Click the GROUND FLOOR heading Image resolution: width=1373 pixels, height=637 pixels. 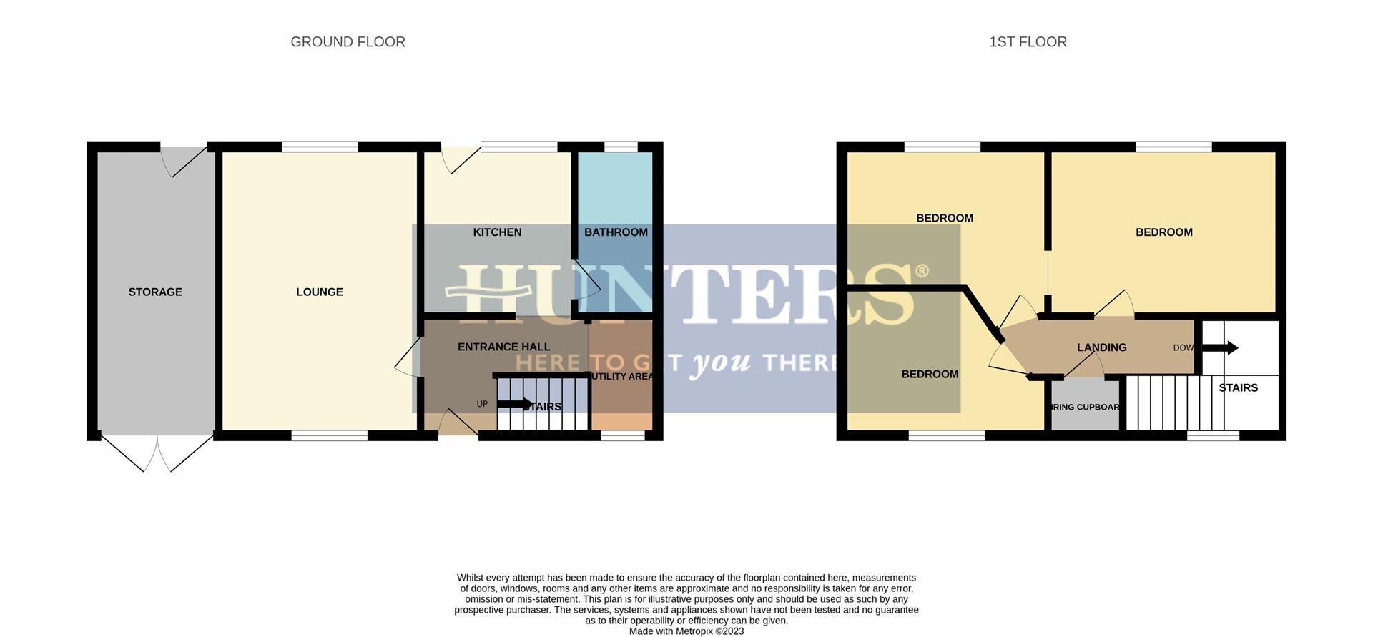click(x=348, y=42)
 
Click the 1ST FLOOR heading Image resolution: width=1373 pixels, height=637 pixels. click(x=1028, y=42)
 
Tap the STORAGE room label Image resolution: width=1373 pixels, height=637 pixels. click(x=155, y=292)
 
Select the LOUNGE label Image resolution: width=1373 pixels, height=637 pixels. click(x=320, y=292)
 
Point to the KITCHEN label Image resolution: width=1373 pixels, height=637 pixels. click(x=497, y=232)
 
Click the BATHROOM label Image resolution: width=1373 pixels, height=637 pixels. click(x=616, y=232)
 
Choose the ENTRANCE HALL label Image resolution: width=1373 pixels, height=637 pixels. click(x=503, y=347)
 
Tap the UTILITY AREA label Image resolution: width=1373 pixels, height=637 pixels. click(x=622, y=377)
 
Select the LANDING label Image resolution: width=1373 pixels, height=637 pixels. click(x=1101, y=347)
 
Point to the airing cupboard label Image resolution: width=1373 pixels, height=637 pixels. click(x=1085, y=408)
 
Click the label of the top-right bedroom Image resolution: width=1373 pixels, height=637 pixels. click(x=1163, y=232)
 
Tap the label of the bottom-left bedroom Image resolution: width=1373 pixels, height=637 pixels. click(x=930, y=374)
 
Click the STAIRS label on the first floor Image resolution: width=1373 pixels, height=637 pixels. click(x=1238, y=387)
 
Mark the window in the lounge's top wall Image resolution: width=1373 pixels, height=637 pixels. click(x=320, y=147)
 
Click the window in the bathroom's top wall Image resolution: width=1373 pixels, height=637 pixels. click(x=621, y=147)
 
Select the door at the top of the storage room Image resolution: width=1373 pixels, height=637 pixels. click(x=184, y=159)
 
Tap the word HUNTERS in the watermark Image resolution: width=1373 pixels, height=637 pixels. click(x=686, y=293)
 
